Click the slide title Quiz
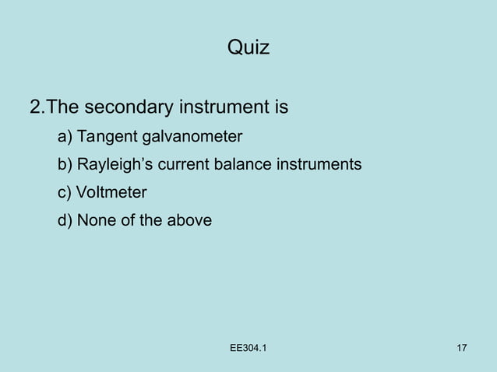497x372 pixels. [x=248, y=48]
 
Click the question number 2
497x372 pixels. [x=35, y=107]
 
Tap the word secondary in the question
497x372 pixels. [x=128, y=107]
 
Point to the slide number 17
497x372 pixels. [x=461, y=348]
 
